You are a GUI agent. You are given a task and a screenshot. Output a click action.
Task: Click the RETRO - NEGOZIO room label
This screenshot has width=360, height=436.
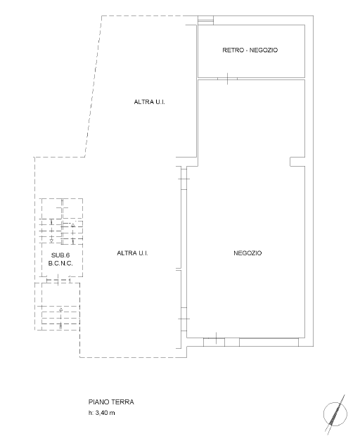[250, 50]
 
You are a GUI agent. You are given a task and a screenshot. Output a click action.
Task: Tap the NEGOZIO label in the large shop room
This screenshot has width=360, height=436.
[247, 253]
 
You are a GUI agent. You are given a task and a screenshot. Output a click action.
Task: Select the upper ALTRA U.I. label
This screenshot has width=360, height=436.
[149, 102]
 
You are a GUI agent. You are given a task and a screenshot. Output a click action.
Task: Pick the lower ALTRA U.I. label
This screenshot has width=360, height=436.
[132, 253]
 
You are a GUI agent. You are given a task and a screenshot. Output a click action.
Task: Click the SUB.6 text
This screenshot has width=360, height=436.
[60, 255]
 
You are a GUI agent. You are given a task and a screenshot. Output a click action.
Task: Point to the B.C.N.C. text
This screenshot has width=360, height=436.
[60, 263]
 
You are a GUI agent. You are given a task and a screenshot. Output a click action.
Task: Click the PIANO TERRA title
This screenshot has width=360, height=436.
[111, 402]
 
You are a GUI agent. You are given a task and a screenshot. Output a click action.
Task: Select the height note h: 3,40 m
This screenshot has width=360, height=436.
[101, 413]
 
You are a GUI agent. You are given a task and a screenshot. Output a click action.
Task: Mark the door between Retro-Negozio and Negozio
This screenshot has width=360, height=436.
[227, 79]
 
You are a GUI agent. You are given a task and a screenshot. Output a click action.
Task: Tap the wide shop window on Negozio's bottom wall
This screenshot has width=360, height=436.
[269, 342]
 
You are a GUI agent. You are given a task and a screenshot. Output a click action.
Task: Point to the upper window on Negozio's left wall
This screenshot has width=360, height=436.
[184, 179]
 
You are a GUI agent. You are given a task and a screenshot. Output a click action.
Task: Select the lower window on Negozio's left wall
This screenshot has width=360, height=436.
[184, 319]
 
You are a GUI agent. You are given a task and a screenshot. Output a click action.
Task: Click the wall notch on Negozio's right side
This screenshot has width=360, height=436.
[297, 162]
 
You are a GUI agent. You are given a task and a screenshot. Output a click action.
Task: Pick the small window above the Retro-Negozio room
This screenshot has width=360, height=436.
[206, 20]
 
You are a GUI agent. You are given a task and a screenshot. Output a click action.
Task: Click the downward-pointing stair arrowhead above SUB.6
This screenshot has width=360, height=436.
[51, 241]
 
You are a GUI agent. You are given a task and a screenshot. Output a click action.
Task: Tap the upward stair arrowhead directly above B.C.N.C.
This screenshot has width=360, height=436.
[73, 225]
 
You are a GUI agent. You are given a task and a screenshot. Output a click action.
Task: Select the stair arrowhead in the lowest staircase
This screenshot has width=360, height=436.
[61, 309]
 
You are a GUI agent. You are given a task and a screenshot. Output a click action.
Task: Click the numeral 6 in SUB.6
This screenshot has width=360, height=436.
[67, 255]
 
